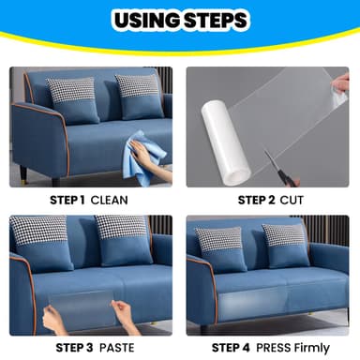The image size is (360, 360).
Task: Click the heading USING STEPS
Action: click(x=179, y=21)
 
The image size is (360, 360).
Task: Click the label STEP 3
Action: click(x=67, y=346)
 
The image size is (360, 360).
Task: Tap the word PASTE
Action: click(x=115, y=346)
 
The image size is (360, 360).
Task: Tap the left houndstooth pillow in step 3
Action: click(x=39, y=231)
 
